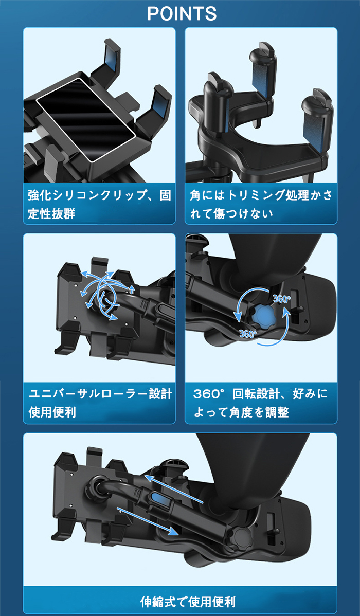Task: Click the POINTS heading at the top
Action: point(182,14)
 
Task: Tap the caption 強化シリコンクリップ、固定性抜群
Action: point(99,204)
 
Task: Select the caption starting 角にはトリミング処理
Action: point(261,204)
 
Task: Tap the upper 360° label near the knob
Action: point(282,299)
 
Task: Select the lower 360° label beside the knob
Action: point(247,334)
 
